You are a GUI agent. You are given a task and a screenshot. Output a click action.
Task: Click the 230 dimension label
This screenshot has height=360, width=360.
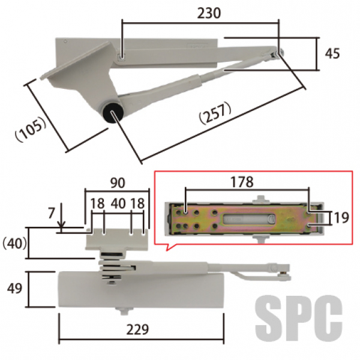(209, 13)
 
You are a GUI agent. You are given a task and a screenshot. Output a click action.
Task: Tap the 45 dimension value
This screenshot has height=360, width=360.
(332, 54)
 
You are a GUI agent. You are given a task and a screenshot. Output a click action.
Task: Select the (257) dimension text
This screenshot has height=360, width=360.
(215, 113)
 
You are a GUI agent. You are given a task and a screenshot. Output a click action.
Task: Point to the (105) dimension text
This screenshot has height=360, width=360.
(31, 129)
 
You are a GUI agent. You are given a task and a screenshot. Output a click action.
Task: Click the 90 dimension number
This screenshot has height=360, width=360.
(118, 183)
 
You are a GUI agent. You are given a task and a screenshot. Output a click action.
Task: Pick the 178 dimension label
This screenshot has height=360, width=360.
(242, 182)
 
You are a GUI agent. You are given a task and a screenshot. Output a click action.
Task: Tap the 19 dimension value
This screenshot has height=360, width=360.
(341, 217)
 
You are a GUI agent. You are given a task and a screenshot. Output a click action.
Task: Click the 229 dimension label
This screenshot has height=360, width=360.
(137, 329)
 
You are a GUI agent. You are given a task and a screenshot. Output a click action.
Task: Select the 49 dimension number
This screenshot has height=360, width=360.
(14, 289)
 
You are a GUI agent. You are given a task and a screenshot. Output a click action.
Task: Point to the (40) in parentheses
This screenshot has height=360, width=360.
(14, 243)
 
